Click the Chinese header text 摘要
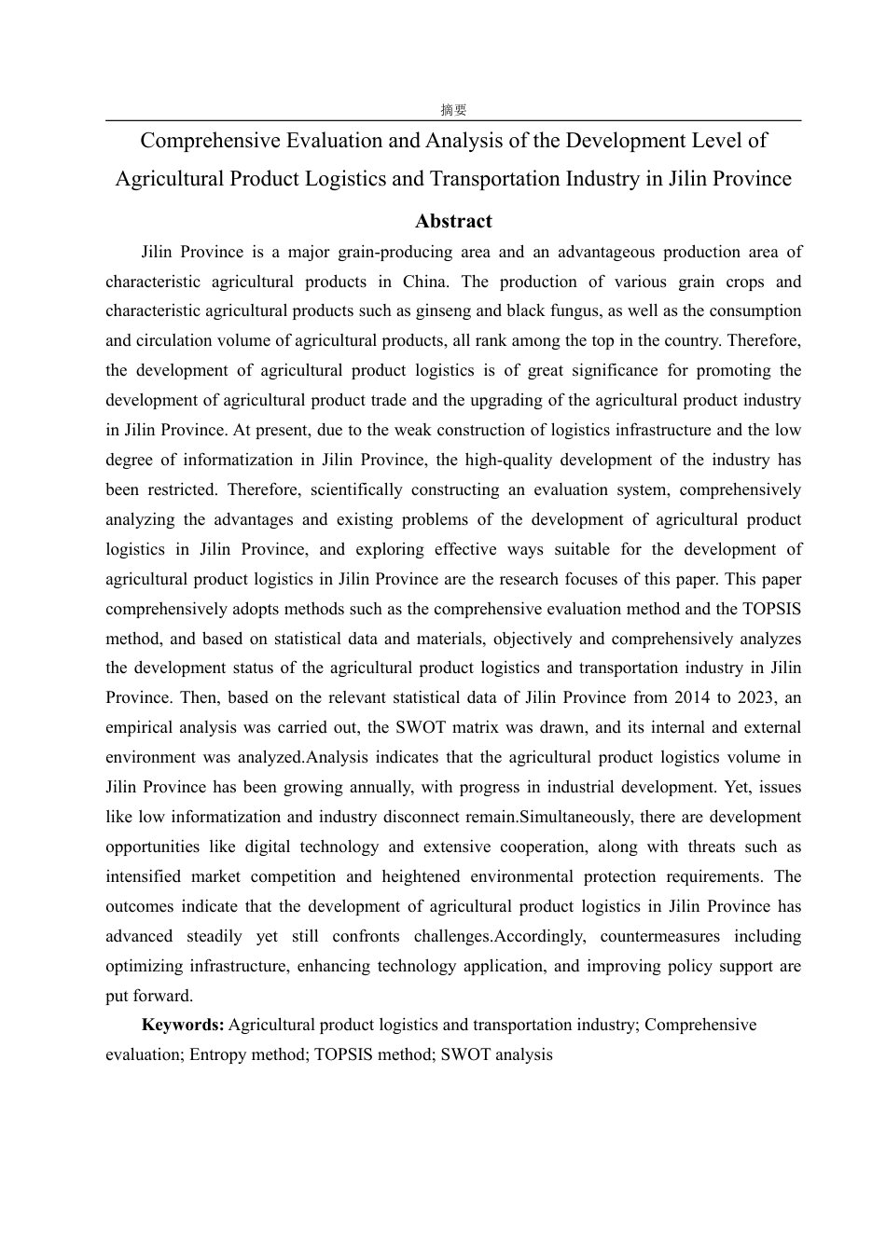(453, 110)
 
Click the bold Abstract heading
(453, 221)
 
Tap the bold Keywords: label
(183, 1025)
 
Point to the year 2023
(756, 697)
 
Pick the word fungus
(563, 310)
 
